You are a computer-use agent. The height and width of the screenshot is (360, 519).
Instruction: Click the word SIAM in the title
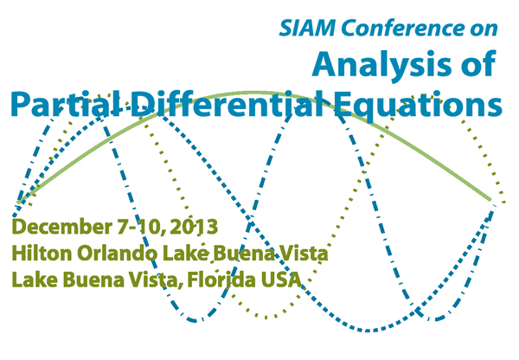coord(307,28)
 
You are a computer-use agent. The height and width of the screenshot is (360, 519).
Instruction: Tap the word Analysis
coord(383,65)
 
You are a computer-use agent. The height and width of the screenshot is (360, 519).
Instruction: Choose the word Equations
coord(418,106)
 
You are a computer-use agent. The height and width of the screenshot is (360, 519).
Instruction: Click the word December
coord(62,227)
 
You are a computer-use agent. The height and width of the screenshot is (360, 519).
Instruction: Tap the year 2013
coord(195,227)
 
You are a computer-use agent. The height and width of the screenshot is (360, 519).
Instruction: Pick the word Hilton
coord(42,254)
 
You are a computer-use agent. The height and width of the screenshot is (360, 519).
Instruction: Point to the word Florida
coord(221,280)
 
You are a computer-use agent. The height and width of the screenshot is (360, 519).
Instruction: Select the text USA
coord(281,280)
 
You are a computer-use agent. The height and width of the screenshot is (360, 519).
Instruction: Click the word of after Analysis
coord(479,64)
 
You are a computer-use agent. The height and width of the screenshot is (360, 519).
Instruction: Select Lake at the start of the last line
coord(35,280)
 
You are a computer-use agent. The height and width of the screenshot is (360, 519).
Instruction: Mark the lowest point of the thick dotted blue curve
coord(368,331)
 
